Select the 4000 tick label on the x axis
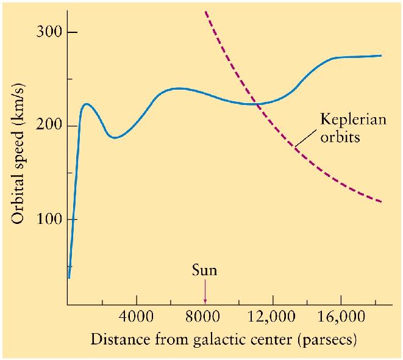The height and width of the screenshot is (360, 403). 137,318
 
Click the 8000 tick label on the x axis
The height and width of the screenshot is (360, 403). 205,318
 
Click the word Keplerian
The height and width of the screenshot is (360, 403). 354,119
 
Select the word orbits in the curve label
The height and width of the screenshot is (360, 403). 340,136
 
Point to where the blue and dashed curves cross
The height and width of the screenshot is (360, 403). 257,104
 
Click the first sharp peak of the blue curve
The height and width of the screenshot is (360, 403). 86,104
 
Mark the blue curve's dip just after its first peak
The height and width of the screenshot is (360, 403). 114,138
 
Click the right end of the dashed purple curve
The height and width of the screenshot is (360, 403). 381,201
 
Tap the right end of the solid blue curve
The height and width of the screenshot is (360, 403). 381,56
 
